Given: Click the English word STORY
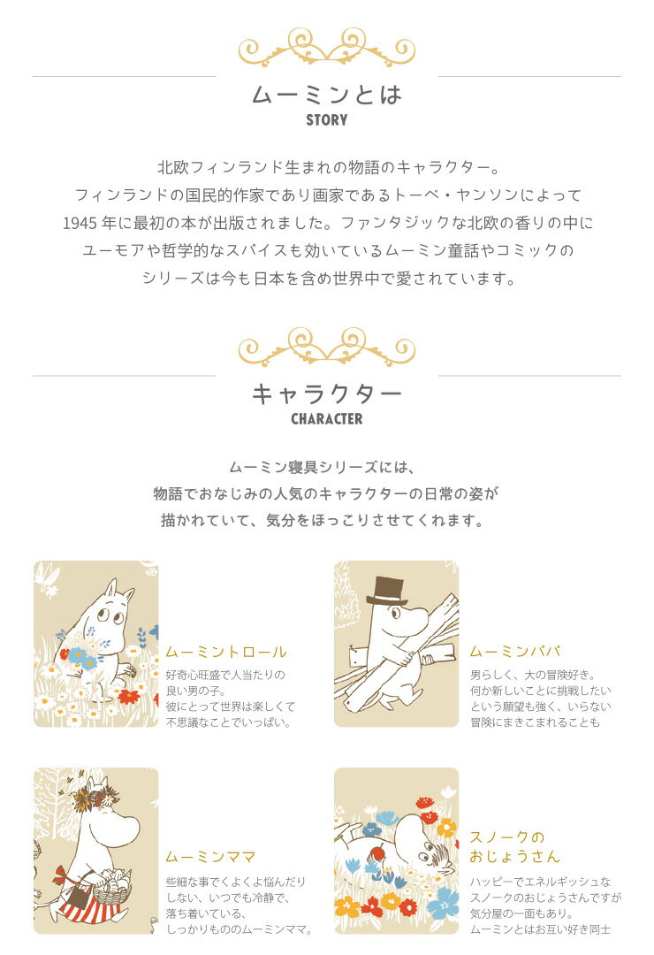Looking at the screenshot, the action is [x=327, y=120].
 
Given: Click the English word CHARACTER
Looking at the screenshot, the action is [x=327, y=419].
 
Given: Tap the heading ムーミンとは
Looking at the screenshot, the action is [x=327, y=95].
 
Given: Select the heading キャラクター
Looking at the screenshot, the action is [x=327, y=394].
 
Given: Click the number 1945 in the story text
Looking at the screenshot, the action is [x=80, y=224].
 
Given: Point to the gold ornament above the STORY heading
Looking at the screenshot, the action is [x=327, y=48].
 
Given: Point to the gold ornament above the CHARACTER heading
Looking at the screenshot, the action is [x=327, y=347].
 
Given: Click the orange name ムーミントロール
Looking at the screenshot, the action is [x=226, y=653].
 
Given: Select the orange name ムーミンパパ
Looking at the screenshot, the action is [x=515, y=652].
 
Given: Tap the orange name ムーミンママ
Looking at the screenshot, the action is [x=210, y=858].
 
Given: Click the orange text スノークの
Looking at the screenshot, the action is [x=507, y=837].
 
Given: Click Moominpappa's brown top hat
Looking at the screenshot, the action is [x=387, y=591].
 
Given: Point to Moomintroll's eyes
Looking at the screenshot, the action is [x=110, y=616].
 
